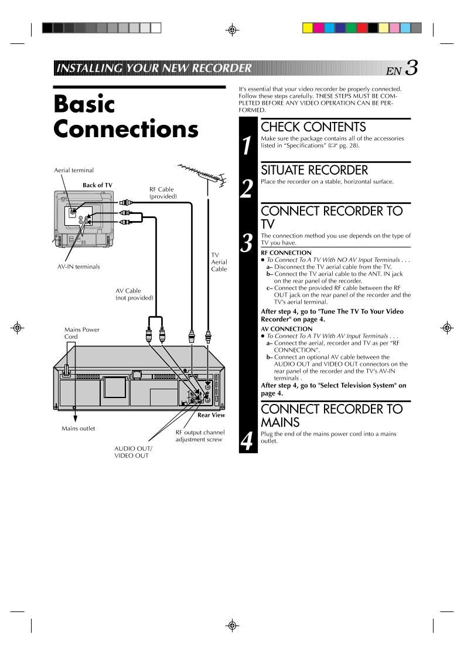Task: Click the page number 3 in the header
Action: [411, 69]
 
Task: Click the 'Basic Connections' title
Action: [125, 116]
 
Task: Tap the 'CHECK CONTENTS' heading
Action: [313, 127]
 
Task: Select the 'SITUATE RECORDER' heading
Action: [314, 170]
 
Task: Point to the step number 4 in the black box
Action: [248, 440]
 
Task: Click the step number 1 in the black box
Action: [248, 146]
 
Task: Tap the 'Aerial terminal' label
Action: [74, 171]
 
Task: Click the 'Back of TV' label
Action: [97, 185]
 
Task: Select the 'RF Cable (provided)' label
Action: [162, 193]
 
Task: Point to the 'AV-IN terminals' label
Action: [79, 267]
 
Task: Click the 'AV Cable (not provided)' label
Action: [134, 294]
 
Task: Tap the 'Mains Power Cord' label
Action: [81, 333]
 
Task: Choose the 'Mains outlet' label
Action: [78, 429]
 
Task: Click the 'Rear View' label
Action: [211, 415]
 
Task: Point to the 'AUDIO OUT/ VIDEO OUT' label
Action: [133, 452]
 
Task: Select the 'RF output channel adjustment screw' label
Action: [200, 436]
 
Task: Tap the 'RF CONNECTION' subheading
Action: [286, 253]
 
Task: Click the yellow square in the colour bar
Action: [307, 28]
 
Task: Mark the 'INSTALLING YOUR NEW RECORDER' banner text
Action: [153, 68]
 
